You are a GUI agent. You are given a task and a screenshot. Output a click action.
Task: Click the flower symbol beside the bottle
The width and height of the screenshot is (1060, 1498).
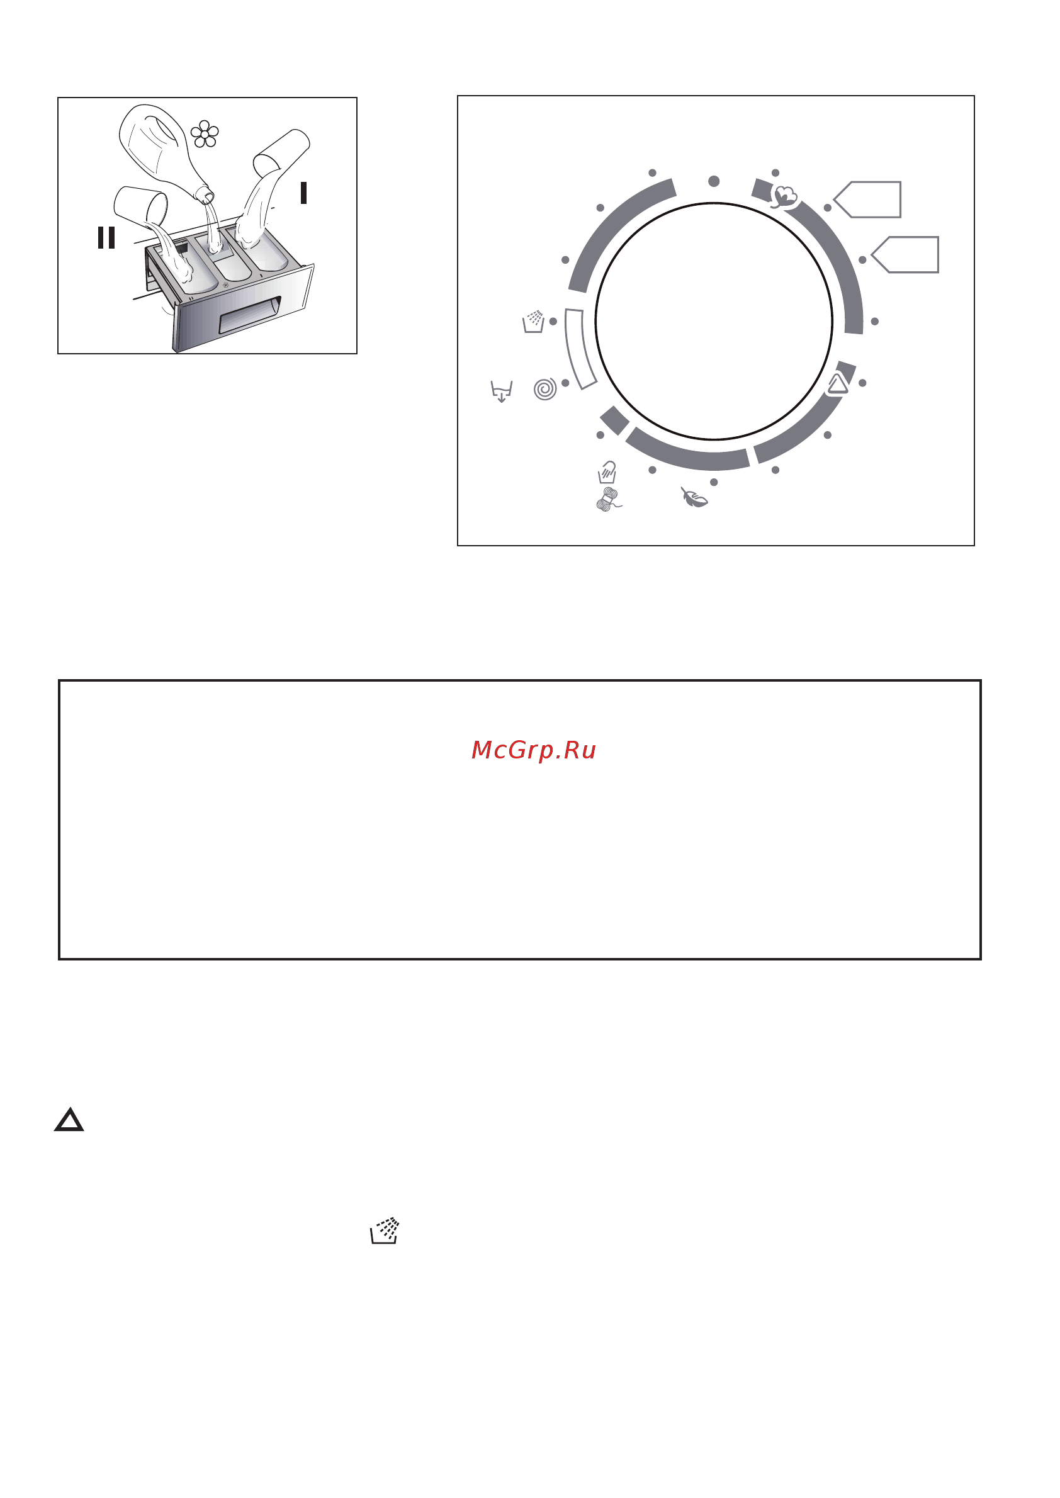(205, 134)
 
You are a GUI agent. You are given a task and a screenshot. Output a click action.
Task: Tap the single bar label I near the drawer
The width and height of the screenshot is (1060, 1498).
(303, 193)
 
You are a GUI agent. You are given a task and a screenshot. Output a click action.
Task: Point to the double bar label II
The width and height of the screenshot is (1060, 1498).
(106, 237)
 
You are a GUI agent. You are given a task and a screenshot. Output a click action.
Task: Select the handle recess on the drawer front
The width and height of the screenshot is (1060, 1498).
(250, 315)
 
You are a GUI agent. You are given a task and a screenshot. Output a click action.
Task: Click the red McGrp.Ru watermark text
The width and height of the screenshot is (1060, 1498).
(533, 750)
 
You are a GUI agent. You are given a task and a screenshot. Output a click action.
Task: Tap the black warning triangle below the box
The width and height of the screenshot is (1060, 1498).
(69, 1120)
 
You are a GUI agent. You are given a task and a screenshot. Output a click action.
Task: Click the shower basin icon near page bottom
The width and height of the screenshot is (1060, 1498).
(385, 1230)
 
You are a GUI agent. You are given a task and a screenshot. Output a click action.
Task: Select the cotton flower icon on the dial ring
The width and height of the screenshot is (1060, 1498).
(784, 196)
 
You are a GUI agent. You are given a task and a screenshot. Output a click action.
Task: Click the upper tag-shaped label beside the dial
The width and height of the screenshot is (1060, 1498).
(867, 199)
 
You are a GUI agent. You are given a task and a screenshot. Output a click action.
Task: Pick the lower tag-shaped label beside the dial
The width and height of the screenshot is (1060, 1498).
(905, 254)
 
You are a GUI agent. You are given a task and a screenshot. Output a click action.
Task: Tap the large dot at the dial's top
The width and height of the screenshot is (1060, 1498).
(714, 181)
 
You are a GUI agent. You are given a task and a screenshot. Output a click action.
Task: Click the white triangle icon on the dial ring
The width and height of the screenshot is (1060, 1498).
(837, 384)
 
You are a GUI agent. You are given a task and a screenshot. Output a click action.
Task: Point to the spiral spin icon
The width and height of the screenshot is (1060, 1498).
(545, 389)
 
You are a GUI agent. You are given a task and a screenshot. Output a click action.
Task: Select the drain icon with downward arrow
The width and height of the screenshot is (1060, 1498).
(501, 391)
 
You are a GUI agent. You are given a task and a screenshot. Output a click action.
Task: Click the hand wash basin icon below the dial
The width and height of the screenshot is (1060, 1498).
(607, 471)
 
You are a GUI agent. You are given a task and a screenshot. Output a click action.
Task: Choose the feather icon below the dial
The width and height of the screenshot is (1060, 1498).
(694, 497)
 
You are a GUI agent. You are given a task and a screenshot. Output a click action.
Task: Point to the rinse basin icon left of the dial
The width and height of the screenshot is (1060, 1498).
(534, 322)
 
